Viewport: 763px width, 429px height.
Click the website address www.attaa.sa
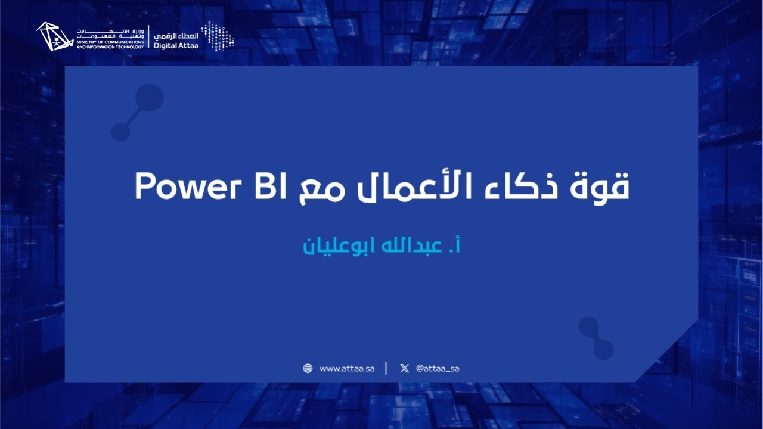347,368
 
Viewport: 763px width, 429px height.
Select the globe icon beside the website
308,368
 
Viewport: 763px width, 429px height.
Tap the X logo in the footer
404,368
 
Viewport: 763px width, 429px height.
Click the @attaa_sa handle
438,368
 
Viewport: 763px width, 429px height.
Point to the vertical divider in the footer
386,368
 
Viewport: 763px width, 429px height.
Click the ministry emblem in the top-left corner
54,37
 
